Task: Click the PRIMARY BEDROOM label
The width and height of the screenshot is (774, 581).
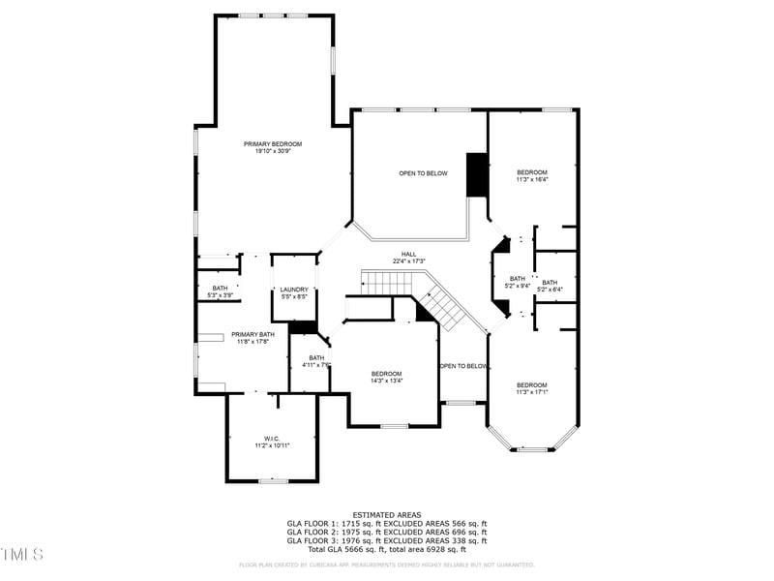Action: pyautogui.click(x=272, y=144)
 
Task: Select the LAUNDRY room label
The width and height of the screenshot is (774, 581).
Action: pyautogui.click(x=293, y=290)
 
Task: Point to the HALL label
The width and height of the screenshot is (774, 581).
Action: pyautogui.click(x=408, y=254)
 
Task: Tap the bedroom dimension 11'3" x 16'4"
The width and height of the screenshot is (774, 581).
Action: pyautogui.click(x=531, y=179)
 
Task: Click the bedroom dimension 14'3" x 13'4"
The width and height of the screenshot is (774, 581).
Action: pyautogui.click(x=386, y=381)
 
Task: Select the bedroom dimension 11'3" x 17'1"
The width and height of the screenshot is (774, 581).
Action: pyautogui.click(x=531, y=392)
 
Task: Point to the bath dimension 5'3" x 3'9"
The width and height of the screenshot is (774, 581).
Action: pyautogui.click(x=220, y=295)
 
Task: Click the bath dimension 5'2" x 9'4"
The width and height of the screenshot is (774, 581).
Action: pyautogui.click(x=518, y=286)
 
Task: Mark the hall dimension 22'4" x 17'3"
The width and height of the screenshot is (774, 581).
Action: pyautogui.click(x=408, y=261)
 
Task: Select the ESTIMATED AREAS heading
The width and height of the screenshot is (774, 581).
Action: pyautogui.click(x=386, y=514)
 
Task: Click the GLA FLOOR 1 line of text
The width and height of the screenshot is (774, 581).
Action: pyautogui.click(x=386, y=523)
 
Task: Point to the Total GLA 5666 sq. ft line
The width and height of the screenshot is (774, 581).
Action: pyautogui.click(x=386, y=549)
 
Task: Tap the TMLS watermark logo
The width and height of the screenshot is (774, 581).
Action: pyautogui.click(x=21, y=554)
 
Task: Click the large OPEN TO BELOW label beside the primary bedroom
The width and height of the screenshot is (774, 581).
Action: pyautogui.click(x=423, y=173)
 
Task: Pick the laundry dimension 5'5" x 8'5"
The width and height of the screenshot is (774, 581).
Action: pyautogui.click(x=293, y=297)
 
